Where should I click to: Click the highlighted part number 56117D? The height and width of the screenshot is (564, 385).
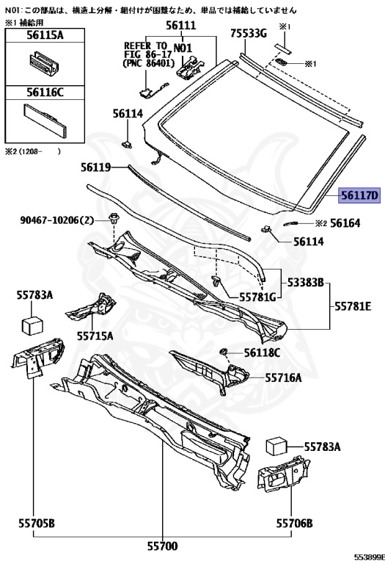coord(359,195)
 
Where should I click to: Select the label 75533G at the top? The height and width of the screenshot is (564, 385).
coord(249,34)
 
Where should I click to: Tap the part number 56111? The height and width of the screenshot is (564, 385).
coord(181,25)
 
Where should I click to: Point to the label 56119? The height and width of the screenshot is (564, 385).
coord(96,167)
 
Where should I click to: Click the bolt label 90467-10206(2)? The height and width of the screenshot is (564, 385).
coord(56,220)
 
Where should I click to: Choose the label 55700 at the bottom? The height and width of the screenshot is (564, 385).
coord(162,546)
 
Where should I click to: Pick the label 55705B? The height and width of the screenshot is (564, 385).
coord(37,523)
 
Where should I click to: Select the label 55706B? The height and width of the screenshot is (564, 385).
coord(294,523)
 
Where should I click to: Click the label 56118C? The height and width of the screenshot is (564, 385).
coord(263,352)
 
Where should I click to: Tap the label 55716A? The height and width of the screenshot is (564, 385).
coord(283,377)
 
